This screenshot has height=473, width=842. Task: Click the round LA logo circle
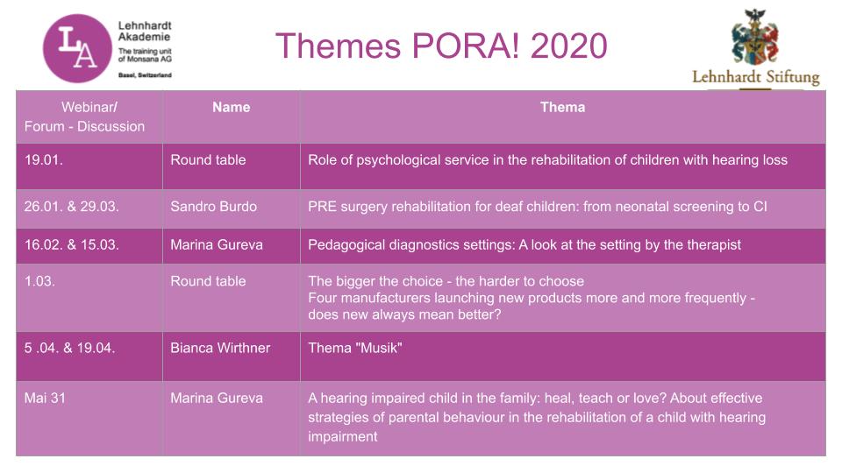(77, 48)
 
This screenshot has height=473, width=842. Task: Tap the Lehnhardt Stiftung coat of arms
(754, 37)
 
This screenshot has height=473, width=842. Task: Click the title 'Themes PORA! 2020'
(441, 46)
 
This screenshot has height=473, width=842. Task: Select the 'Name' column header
(231, 107)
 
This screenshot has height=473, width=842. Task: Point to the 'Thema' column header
(562, 107)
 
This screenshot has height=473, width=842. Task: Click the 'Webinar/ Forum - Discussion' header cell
(89, 116)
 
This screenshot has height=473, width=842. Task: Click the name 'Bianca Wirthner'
(220, 348)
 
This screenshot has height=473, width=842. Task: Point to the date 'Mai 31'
(45, 399)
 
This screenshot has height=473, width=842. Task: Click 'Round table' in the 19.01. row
(208, 159)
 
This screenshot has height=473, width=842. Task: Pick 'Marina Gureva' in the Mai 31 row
(217, 399)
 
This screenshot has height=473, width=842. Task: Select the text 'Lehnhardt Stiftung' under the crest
(755, 78)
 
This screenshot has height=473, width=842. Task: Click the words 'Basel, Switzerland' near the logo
(145, 75)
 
